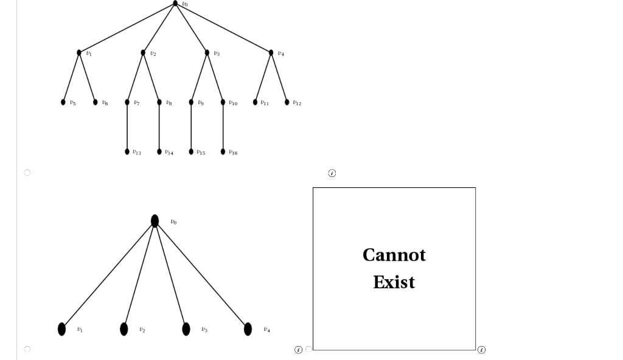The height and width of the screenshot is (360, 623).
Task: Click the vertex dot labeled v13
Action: [127, 151]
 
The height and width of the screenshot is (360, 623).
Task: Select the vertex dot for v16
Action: [223, 151]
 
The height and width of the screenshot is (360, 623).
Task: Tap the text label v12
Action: [297, 103]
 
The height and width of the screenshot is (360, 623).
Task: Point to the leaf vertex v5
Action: [63, 102]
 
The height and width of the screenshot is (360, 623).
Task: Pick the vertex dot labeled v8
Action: [159, 102]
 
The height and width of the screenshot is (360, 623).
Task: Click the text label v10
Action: [233, 103]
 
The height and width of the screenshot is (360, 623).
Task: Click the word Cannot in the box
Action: [394, 255]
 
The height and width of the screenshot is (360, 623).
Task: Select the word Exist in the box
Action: [394, 282]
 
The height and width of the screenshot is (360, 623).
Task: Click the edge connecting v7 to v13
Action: [127, 126]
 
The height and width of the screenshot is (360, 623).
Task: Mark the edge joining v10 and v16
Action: [223, 126]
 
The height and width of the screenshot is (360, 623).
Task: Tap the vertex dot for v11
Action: [256, 102]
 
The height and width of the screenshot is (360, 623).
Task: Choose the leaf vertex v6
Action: [95, 102]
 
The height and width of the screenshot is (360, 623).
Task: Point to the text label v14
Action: [169, 153]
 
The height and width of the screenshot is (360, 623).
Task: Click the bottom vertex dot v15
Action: [191, 151]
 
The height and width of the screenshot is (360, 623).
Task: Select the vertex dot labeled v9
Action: [191, 102]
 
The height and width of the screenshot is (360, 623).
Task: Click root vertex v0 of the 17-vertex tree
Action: [175, 4]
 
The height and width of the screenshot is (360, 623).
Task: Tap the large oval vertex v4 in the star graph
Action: [248, 329]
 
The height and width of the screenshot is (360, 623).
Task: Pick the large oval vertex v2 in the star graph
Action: [124, 329]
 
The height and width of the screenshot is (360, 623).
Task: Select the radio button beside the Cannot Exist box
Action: [308, 349]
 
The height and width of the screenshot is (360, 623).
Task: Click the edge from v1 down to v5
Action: [71, 77]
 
